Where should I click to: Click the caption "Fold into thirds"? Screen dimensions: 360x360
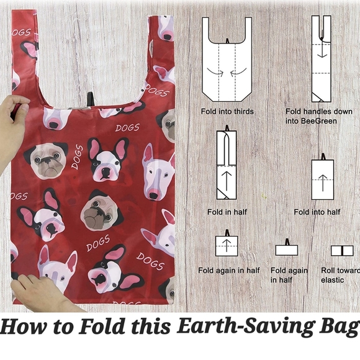point(227,112)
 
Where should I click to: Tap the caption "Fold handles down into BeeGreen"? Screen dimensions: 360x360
point(311,116)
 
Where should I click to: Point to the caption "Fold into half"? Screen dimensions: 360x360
point(317,212)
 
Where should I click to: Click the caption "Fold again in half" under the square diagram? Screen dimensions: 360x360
point(228,271)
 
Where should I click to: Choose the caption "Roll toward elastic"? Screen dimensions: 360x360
point(340,275)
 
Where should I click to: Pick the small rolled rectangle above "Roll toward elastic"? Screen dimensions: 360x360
point(341,251)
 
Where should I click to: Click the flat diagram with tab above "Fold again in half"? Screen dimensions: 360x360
point(286,250)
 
